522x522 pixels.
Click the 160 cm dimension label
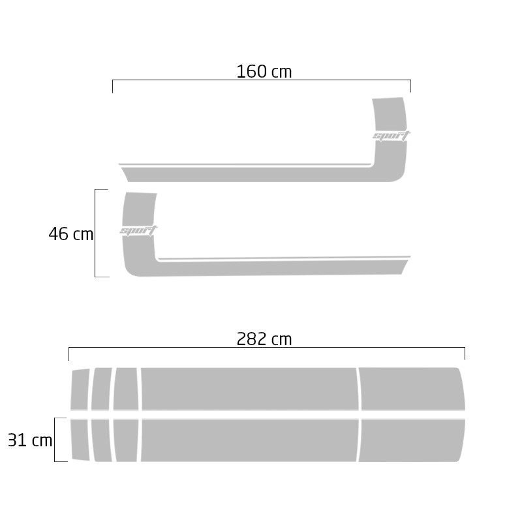(x=264, y=72)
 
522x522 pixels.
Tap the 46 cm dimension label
(x=71, y=234)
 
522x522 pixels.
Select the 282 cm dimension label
(x=264, y=339)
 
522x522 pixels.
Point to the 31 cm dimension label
(x=30, y=440)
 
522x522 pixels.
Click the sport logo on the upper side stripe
(x=391, y=136)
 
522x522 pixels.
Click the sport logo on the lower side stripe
(x=138, y=230)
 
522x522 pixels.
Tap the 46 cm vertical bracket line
(x=95, y=233)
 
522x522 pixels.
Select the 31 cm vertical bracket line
(x=55, y=439)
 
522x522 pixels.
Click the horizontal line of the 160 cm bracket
(x=262, y=80)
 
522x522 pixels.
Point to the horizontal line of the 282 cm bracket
(x=267, y=348)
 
